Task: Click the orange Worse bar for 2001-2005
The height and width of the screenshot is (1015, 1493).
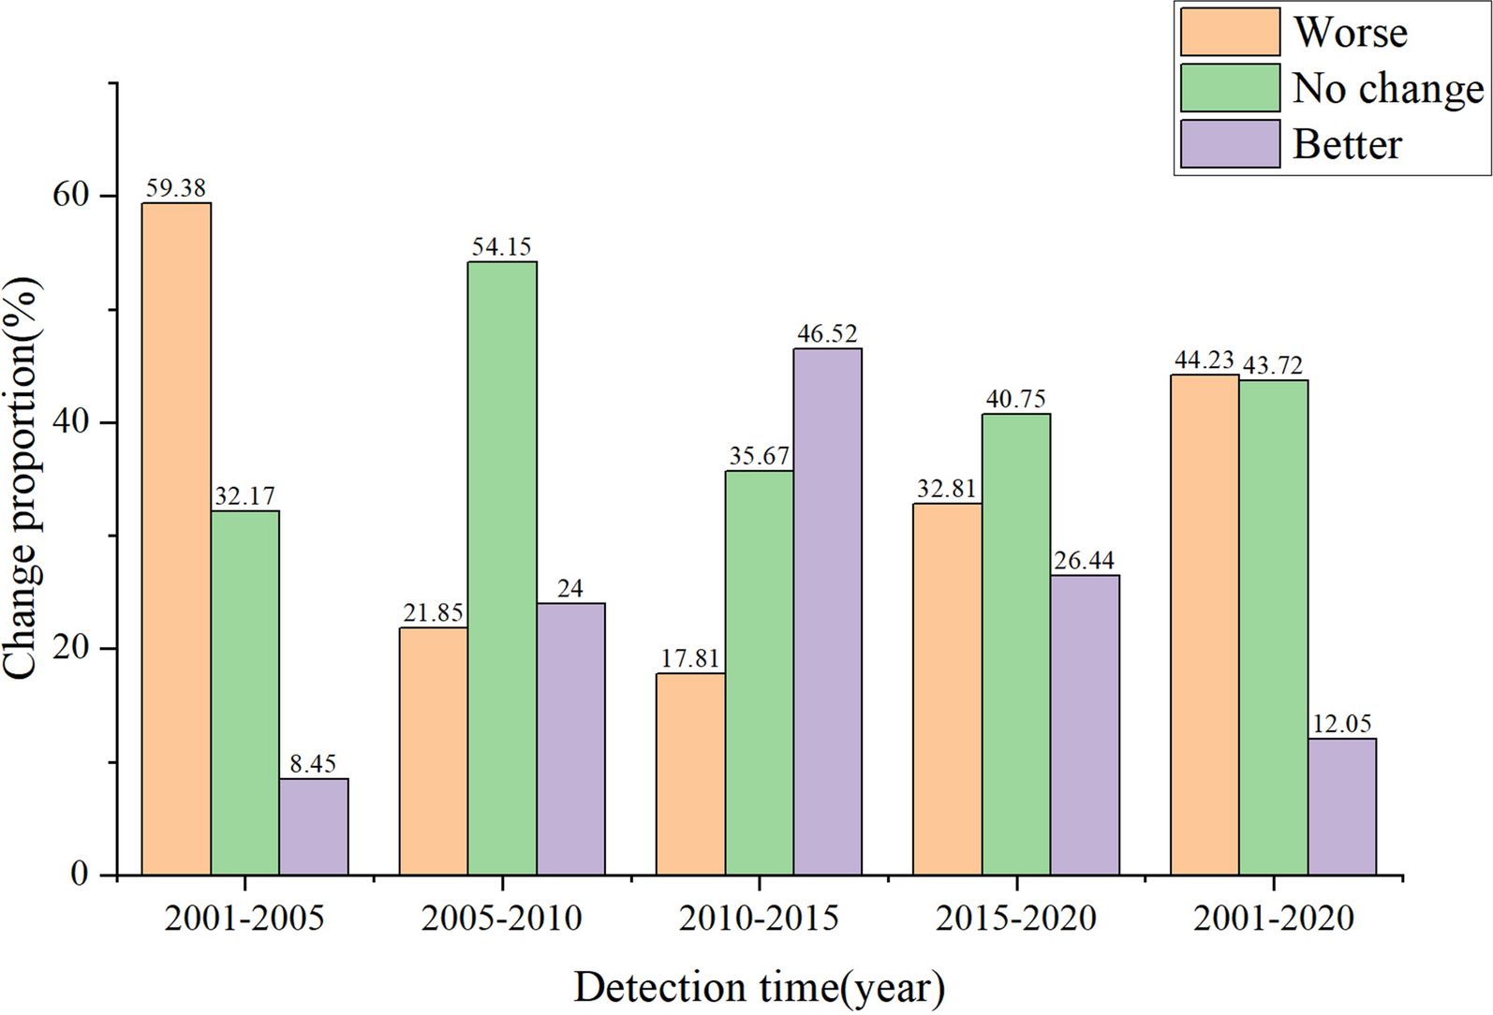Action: point(176,538)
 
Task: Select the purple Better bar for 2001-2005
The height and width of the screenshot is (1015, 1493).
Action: point(314,826)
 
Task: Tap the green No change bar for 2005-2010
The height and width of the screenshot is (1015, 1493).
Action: point(502,567)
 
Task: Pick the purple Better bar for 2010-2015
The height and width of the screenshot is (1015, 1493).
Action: point(827,610)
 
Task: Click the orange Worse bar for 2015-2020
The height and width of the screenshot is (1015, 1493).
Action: point(947,688)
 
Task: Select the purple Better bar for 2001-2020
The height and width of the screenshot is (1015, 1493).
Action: point(1342,806)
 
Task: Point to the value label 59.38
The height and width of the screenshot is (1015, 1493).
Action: point(176,188)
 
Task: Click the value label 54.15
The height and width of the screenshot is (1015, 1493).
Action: point(502,247)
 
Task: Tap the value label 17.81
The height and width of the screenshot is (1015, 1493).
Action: point(690,658)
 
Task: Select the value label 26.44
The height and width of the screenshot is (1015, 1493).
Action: point(1085,561)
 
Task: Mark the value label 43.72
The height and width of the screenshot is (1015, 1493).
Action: point(1273,365)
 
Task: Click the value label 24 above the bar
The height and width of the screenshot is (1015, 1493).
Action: point(569,588)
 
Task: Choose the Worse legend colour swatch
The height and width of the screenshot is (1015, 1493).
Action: point(1229,33)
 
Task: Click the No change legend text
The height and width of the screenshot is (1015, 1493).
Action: point(1387,89)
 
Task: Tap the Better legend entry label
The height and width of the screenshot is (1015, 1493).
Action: point(1347,144)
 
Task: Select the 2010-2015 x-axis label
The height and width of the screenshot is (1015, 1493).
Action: point(759,919)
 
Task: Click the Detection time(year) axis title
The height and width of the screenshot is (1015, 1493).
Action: point(759,988)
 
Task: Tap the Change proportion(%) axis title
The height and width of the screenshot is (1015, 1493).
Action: point(21,478)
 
